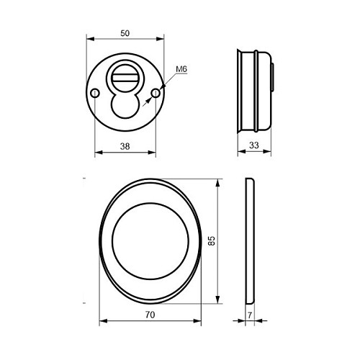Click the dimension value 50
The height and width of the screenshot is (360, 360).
(x=125, y=33)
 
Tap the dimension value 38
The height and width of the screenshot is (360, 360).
(x=125, y=146)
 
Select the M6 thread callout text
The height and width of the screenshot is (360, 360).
(x=181, y=69)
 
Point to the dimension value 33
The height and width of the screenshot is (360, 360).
(x=254, y=145)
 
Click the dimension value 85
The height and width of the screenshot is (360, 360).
(x=212, y=240)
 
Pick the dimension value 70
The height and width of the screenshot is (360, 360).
(x=150, y=315)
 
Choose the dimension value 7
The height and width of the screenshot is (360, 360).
(x=250, y=315)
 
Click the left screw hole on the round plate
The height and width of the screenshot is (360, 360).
(x=95, y=93)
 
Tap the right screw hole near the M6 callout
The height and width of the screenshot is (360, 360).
(x=156, y=93)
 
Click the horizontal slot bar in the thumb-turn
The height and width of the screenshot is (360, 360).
(x=125, y=78)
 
